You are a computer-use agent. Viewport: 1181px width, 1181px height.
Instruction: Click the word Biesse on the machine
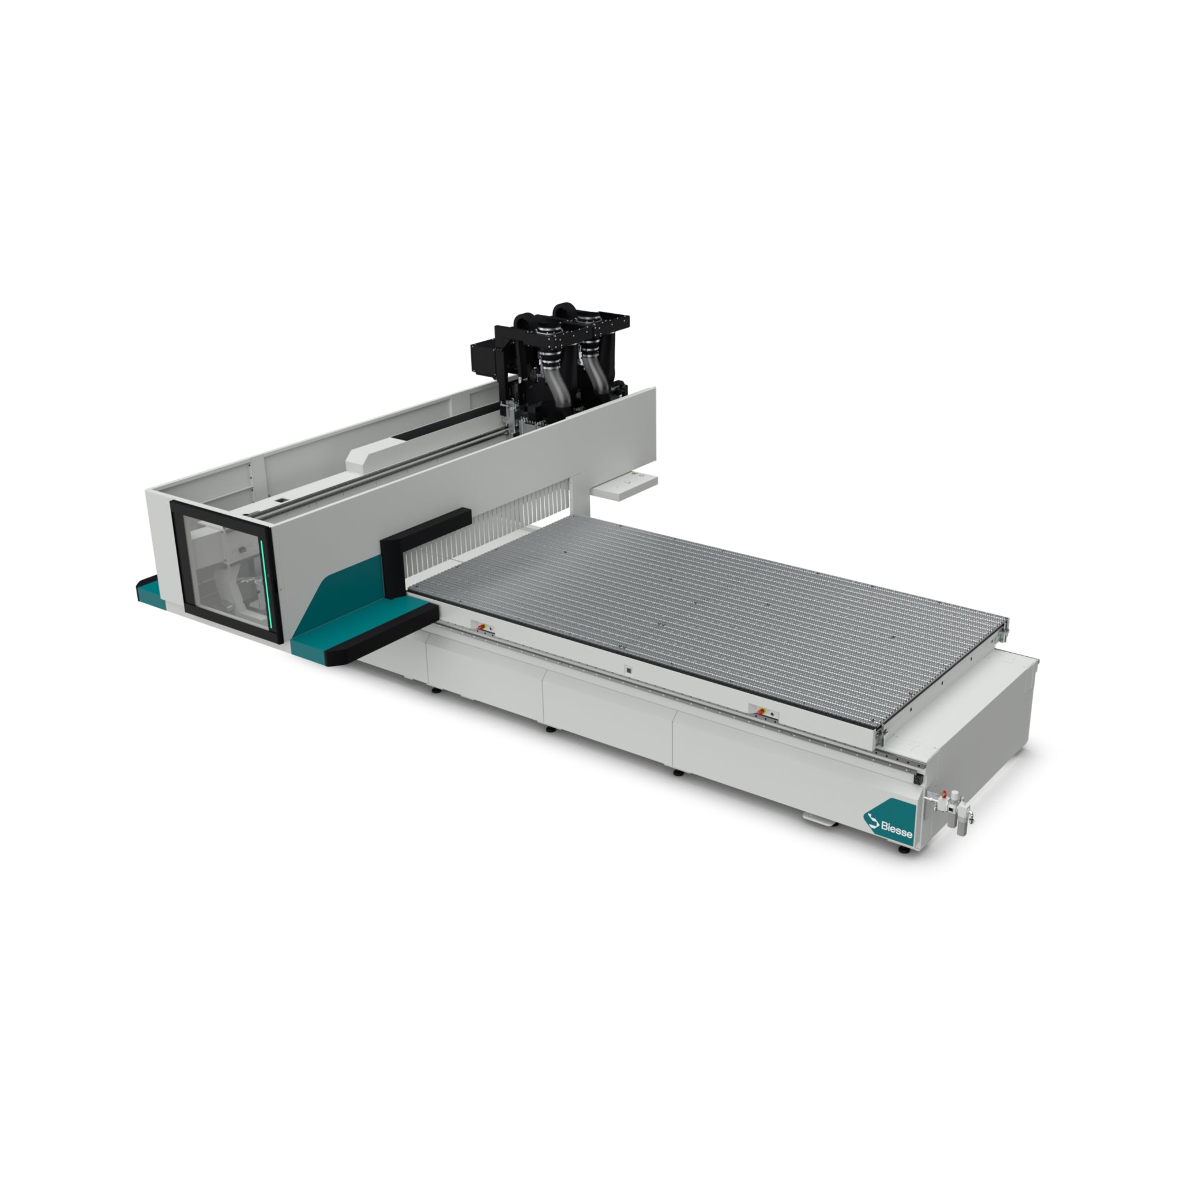coord(896,828)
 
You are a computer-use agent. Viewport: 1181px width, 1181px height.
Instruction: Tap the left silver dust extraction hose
coord(555,376)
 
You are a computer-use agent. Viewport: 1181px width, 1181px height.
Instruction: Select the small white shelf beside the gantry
coord(625,487)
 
